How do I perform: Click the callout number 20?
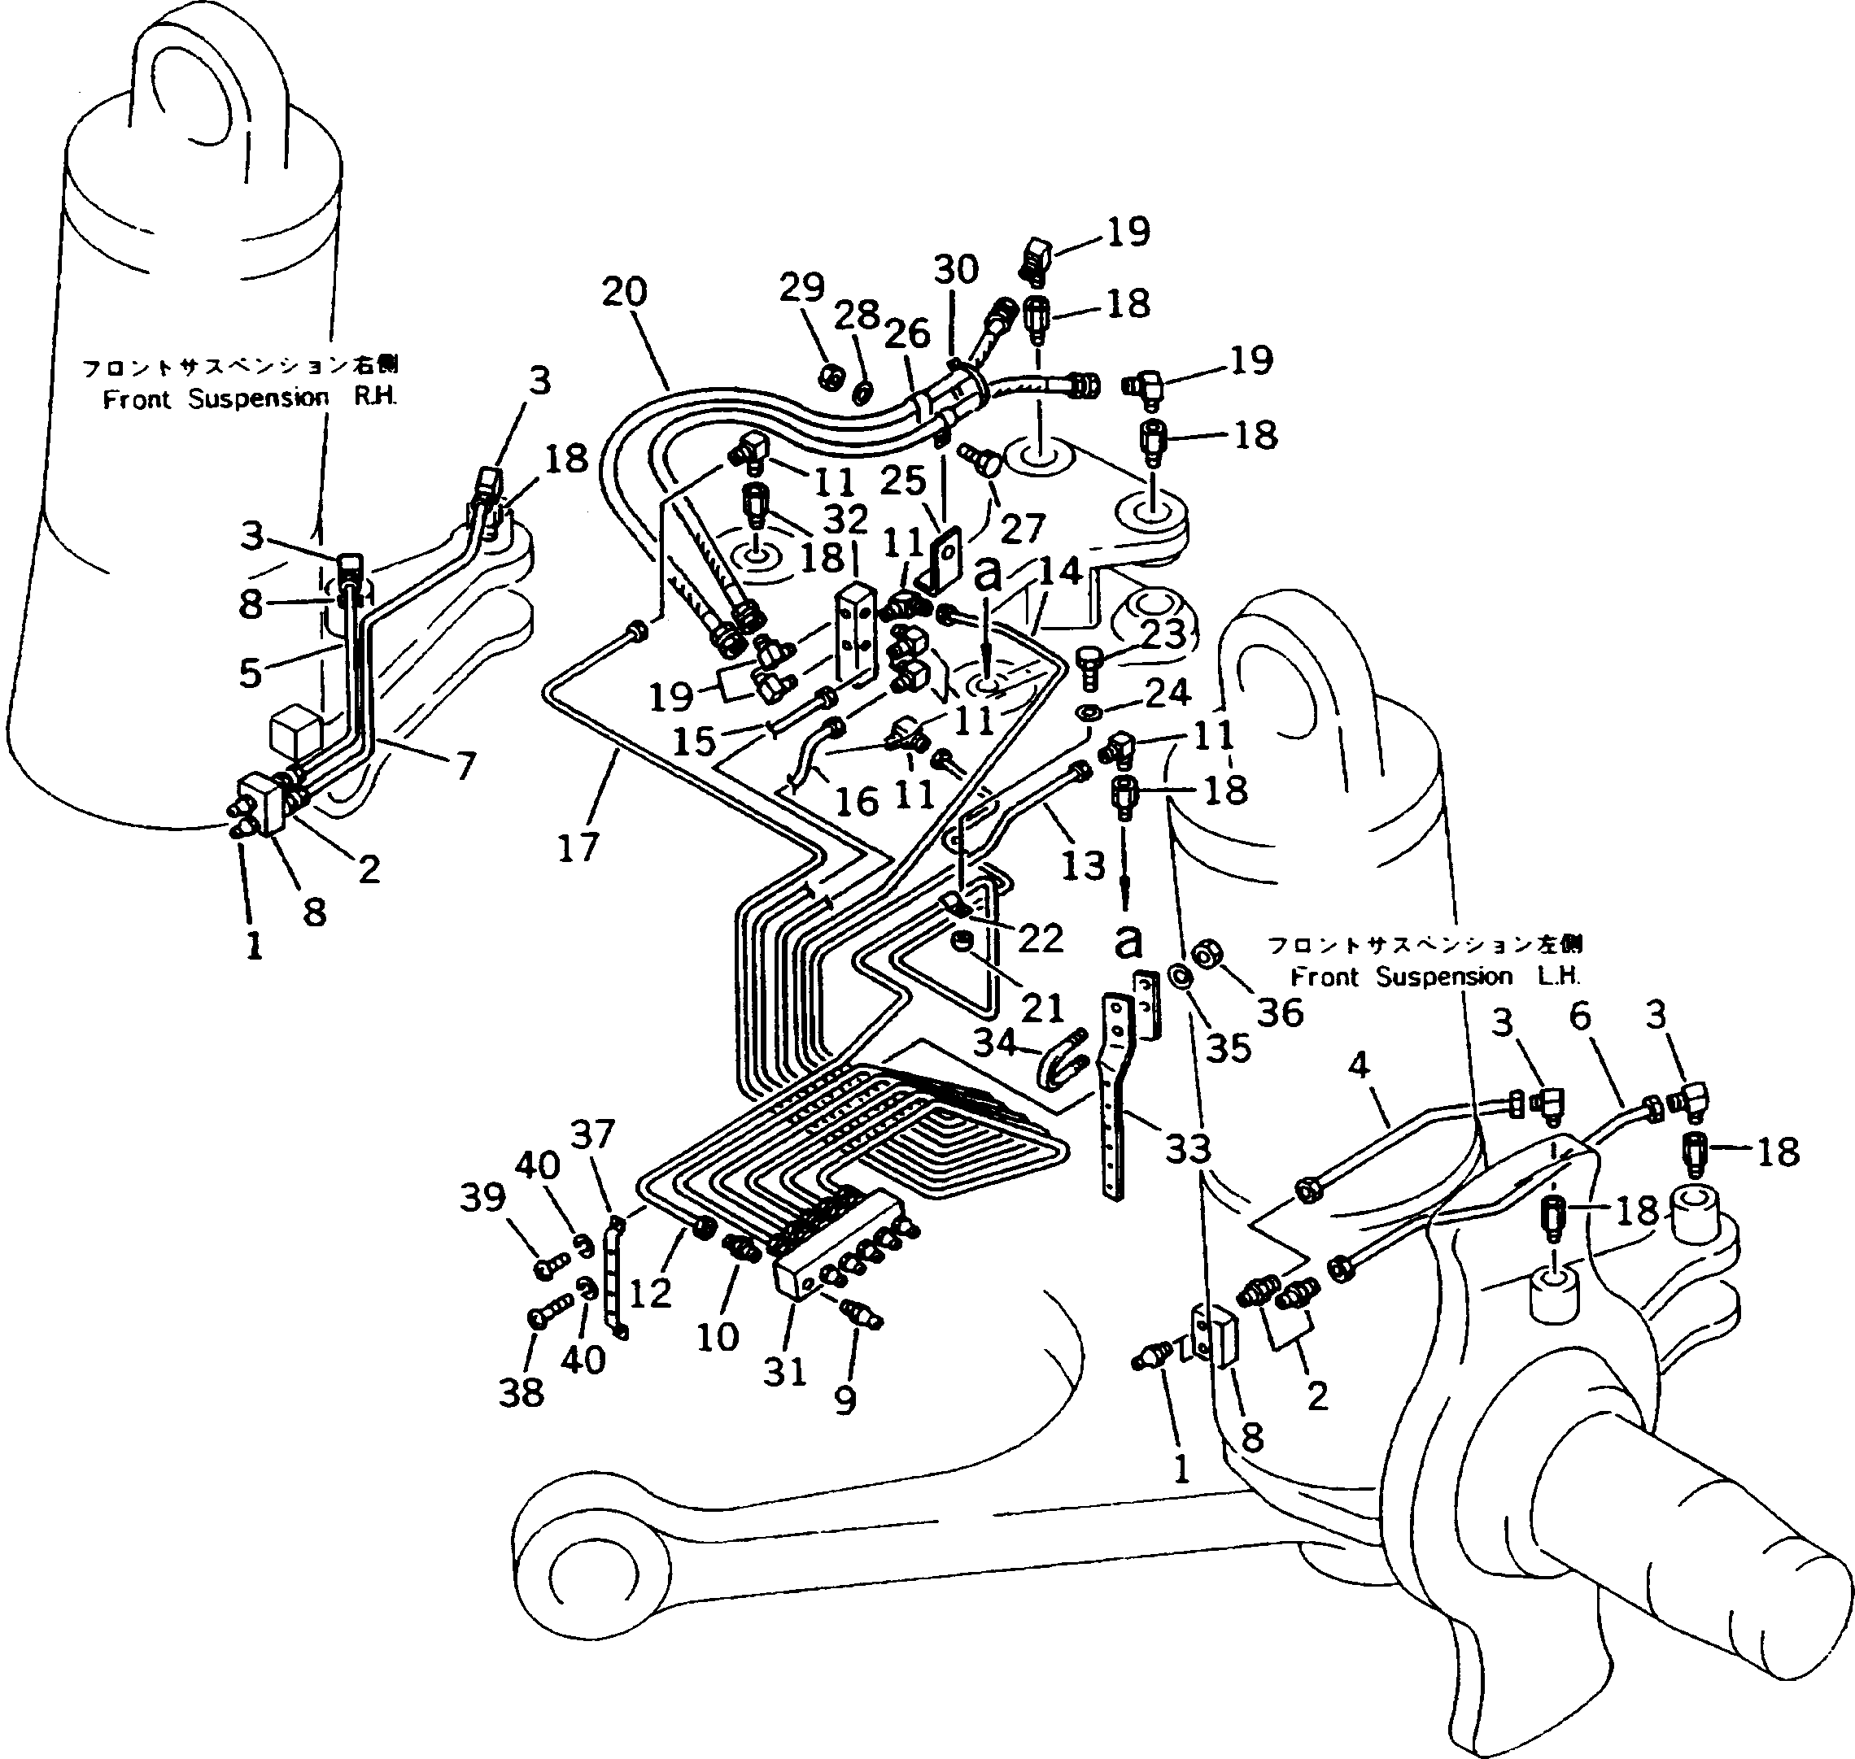pos(625,292)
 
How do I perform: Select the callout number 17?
pos(578,847)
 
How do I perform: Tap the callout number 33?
pos(1188,1147)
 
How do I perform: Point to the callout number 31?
pos(785,1372)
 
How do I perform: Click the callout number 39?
pos(483,1197)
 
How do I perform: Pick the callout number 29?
pos(802,287)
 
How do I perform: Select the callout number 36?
pos(1280,1012)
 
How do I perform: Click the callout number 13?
pos(1083,864)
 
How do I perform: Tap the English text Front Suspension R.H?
pos(250,398)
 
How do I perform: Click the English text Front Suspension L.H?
pos(1435,976)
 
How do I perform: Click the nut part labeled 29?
pos(829,377)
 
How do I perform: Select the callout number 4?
pos(1358,1065)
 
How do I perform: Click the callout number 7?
pos(465,765)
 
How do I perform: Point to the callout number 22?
pos(1040,938)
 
